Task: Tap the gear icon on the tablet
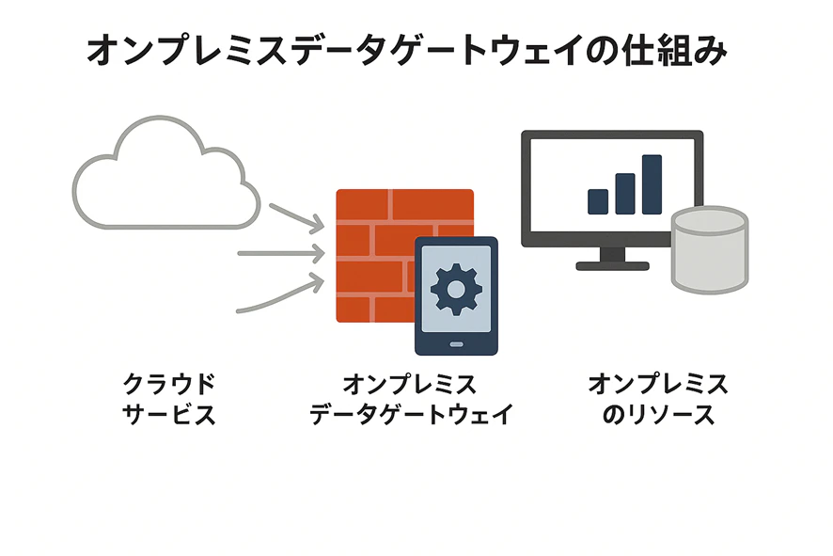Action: [x=456, y=289]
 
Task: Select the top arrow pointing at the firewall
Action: [x=297, y=218]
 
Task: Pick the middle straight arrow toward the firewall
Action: [x=281, y=254]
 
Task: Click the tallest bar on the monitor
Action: [x=652, y=184]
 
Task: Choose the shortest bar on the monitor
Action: [x=598, y=201]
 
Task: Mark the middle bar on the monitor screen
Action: [x=624, y=194]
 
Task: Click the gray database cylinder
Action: [x=710, y=250]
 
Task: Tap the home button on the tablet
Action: [x=456, y=344]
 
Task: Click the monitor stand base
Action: [x=613, y=266]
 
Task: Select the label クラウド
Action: [x=169, y=384]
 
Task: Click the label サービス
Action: [x=169, y=415]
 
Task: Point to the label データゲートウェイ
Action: [x=412, y=415]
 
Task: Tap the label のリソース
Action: [x=658, y=415]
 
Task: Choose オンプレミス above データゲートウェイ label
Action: [x=410, y=384]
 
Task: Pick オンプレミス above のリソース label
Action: [x=658, y=384]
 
